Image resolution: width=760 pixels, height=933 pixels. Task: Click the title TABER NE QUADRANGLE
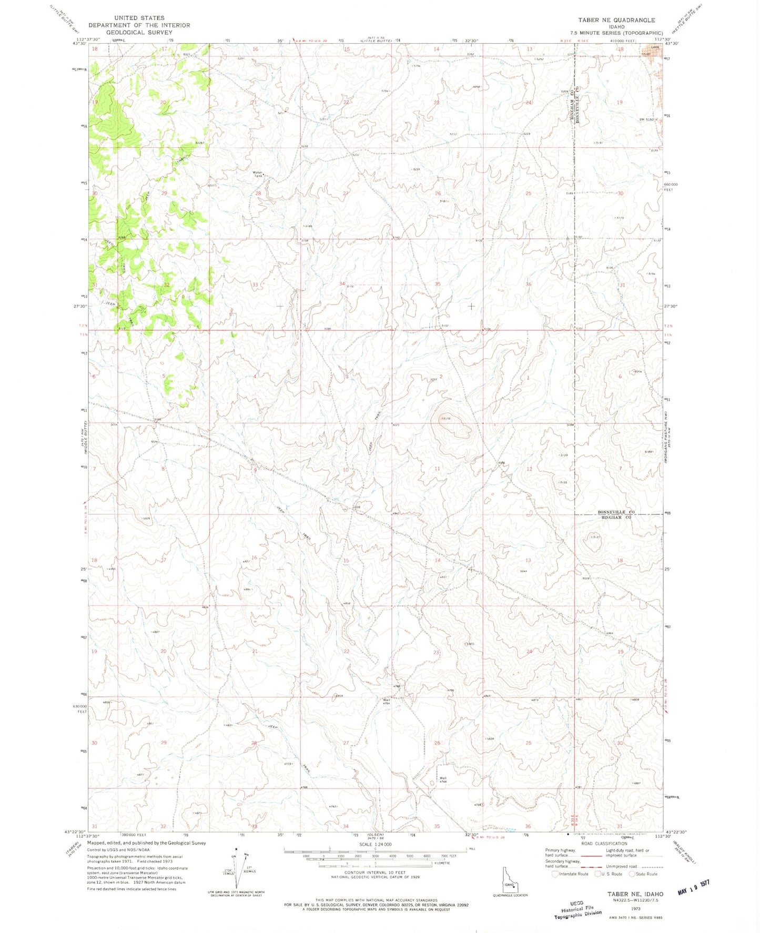pyautogui.click(x=616, y=20)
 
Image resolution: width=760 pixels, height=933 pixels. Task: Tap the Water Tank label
pyautogui.click(x=258, y=174)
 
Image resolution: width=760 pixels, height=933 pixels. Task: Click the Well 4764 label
pyautogui.click(x=386, y=702)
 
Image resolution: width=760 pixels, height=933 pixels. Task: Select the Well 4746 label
pyautogui.click(x=443, y=780)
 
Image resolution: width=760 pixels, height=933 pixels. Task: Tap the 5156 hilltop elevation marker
pyautogui.click(x=446, y=419)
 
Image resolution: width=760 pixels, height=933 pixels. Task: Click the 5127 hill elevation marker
pyautogui.click(x=595, y=537)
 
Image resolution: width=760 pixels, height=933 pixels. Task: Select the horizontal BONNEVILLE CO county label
pyautogui.click(x=616, y=512)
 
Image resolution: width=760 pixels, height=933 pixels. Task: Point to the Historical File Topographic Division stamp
pyautogui.click(x=576, y=909)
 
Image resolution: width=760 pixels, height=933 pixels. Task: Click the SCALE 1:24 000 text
pyautogui.click(x=375, y=844)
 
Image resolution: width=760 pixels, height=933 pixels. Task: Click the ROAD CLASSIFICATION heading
pyautogui.click(x=604, y=844)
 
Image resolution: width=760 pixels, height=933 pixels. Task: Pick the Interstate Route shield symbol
pyautogui.click(x=554, y=874)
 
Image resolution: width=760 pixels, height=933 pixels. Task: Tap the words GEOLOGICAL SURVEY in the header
pyautogui.click(x=139, y=32)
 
